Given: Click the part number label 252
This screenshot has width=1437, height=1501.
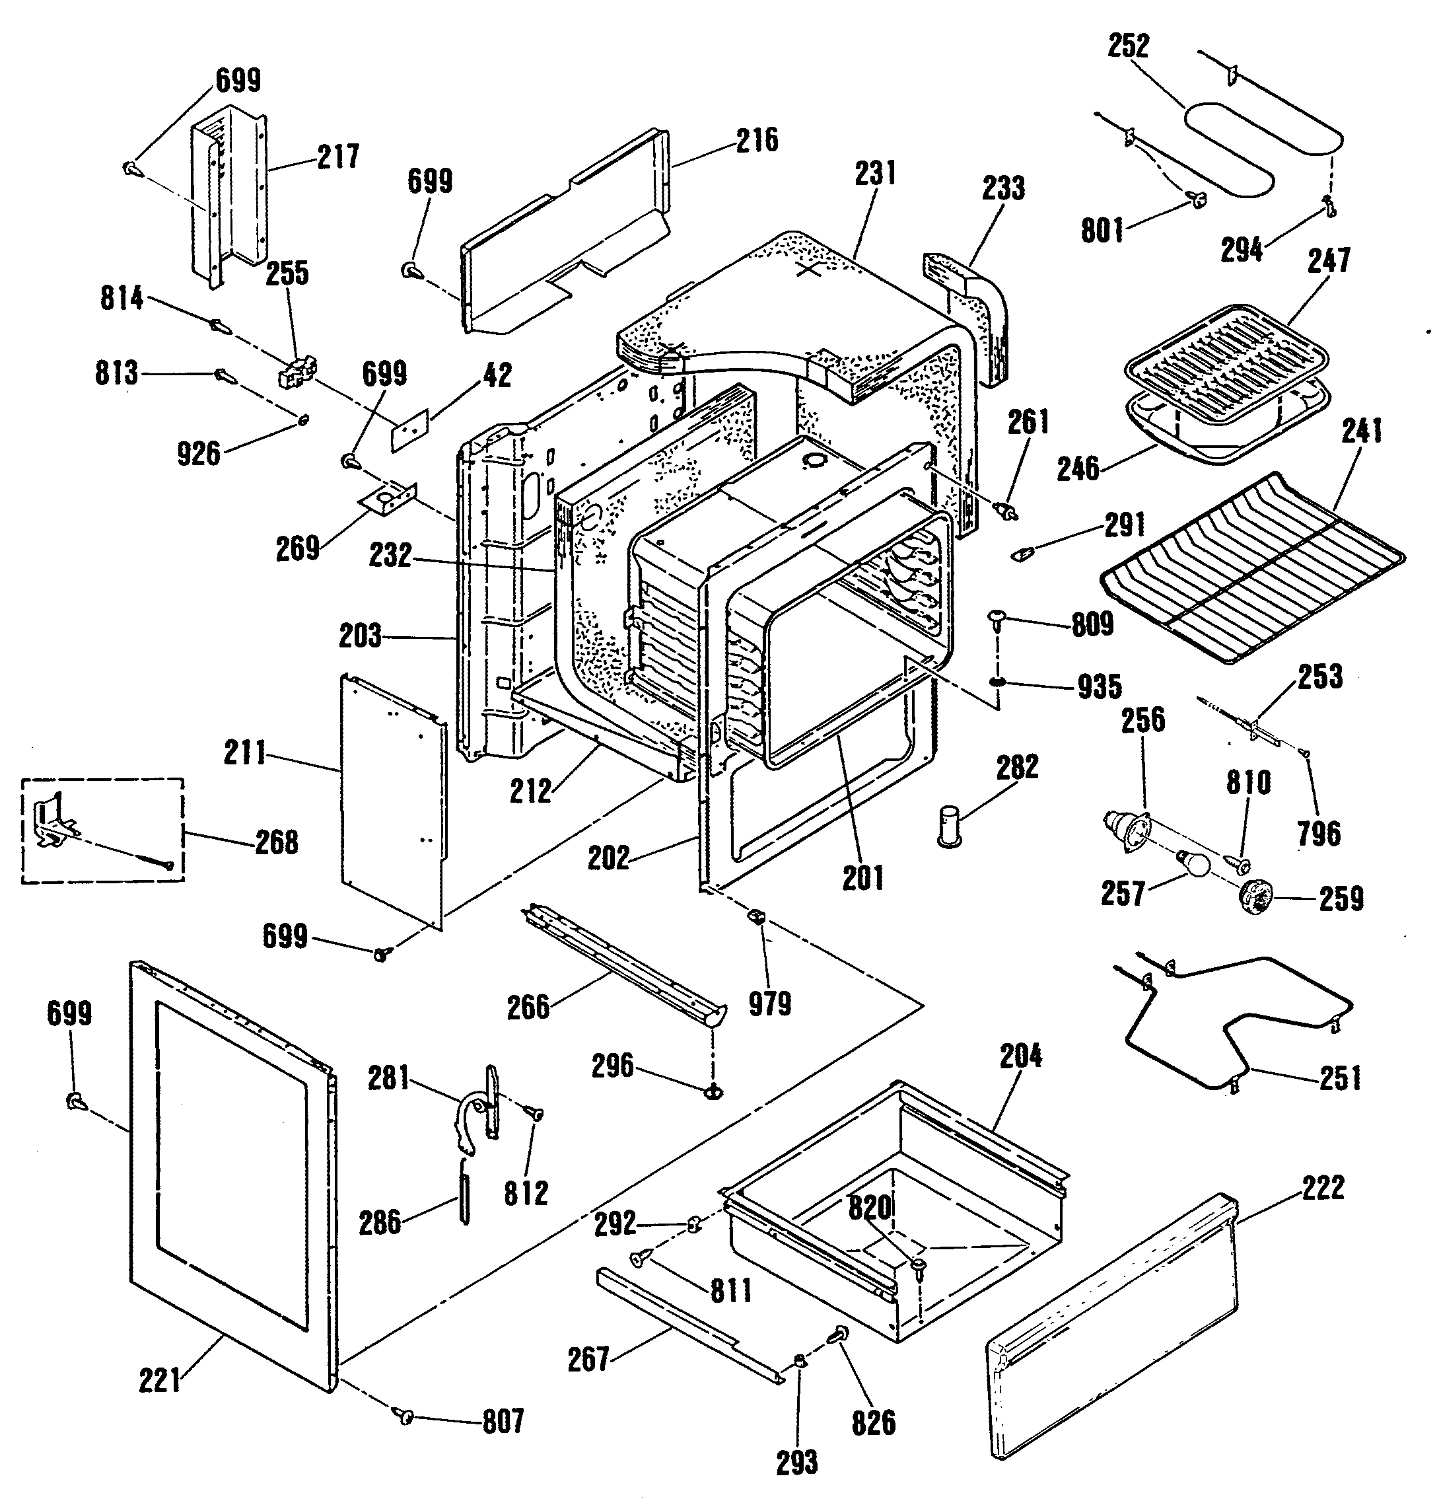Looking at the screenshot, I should [1128, 47].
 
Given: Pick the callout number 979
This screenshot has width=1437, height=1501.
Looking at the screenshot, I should [769, 1004].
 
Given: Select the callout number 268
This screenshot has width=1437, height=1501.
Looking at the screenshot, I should [277, 842].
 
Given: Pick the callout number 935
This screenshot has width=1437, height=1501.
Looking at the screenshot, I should [1100, 687].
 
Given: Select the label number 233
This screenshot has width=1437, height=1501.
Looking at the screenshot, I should [1003, 188].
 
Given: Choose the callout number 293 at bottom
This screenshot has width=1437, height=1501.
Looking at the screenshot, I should [797, 1463].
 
